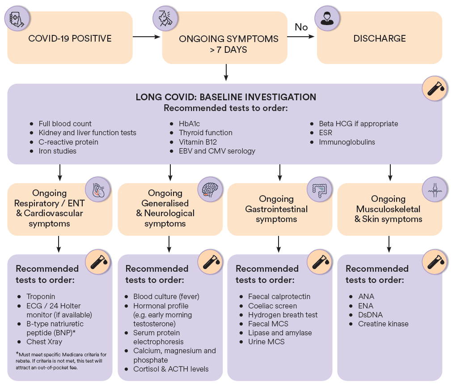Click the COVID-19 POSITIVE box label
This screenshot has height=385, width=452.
click(70, 38)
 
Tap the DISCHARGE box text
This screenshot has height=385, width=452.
click(380, 38)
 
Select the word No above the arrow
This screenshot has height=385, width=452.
click(301, 27)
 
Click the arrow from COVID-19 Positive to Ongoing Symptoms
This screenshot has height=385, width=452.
click(146, 38)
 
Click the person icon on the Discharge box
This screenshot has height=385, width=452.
click(325, 18)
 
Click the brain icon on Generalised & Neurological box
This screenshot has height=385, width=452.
click(209, 189)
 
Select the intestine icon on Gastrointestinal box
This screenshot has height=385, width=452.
click(319, 189)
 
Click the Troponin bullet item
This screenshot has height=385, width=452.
click(41, 296)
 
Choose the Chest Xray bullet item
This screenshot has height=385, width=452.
click(44, 342)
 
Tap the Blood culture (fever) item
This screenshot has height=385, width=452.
click(166, 296)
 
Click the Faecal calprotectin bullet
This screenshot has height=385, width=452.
click(279, 296)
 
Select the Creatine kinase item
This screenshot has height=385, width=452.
click(383, 324)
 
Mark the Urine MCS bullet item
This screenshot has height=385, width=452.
click(266, 342)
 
